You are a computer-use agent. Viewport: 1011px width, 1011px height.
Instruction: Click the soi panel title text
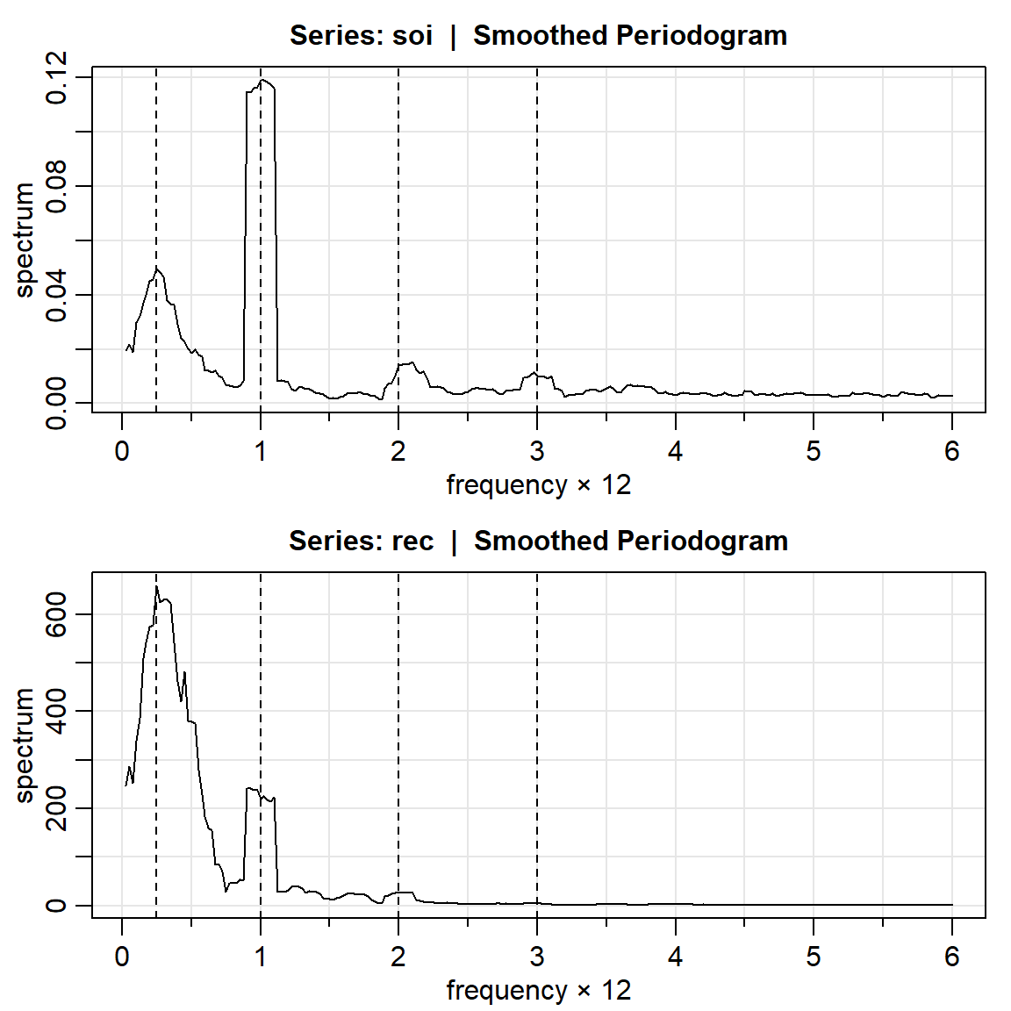[x=538, y=36]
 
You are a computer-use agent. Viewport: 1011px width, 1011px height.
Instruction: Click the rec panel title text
[x=538, y=541]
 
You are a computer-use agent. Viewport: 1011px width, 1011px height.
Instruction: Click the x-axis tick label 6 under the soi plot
[x=952, y=452]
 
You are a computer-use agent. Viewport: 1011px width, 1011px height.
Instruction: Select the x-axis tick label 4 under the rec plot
[x=675, y=957]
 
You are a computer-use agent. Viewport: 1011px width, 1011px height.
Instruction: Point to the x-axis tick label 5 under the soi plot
[x=814, y=452]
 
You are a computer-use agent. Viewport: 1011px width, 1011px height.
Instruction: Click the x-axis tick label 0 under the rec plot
[x=122, y=957]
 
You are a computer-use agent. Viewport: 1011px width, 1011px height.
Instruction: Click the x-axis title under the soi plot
[x=538, y=485]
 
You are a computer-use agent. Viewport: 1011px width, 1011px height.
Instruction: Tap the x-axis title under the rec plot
[x=538, y=991]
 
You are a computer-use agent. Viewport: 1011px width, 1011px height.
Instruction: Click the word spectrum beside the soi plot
[x=25, y=240]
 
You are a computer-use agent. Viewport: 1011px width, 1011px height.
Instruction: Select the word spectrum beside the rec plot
[x=25, y=745]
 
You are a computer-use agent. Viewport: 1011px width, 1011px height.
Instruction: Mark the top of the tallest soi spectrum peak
[x=262, y=80]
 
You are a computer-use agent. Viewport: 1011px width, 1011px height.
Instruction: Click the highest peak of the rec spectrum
[x=156, y=586]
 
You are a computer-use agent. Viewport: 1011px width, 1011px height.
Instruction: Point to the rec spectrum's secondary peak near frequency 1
[x=252, y=788]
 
